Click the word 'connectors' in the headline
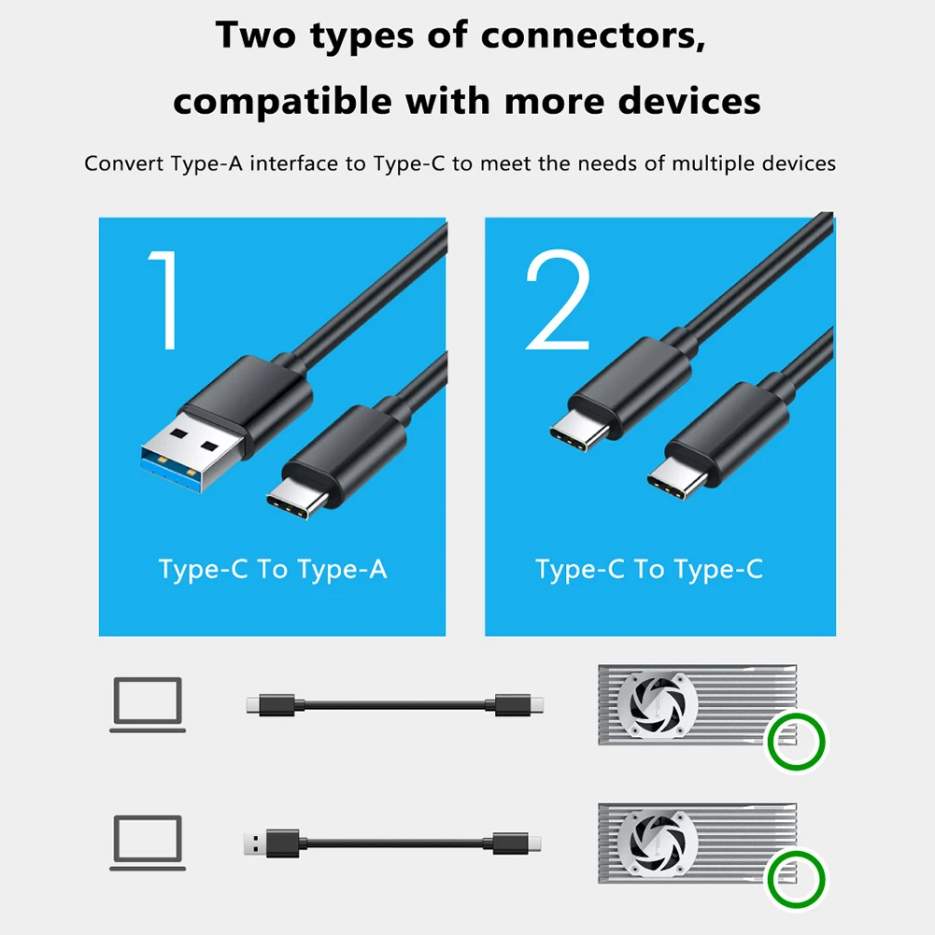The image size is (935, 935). point(593,35)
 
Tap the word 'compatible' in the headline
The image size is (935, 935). point(282,102)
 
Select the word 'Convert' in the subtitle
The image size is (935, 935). point(124,163)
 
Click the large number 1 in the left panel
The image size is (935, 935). point(164,299)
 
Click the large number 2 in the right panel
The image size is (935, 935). point(559,299)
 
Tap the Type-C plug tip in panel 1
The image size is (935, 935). point(296,498)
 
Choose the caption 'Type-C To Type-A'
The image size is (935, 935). point(273,570)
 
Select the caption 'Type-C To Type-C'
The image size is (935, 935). point(649,570)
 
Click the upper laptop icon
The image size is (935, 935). point(148,704)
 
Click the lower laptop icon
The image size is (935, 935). point(148,843)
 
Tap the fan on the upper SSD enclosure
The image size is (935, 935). point(658,704)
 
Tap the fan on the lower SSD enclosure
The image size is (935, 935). point(658,843)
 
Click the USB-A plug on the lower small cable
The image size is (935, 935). point(271,843)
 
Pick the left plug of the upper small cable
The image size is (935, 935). point(271,705)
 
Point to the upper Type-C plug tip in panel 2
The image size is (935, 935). point(579,431)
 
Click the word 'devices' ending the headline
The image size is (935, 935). point(690,102)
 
